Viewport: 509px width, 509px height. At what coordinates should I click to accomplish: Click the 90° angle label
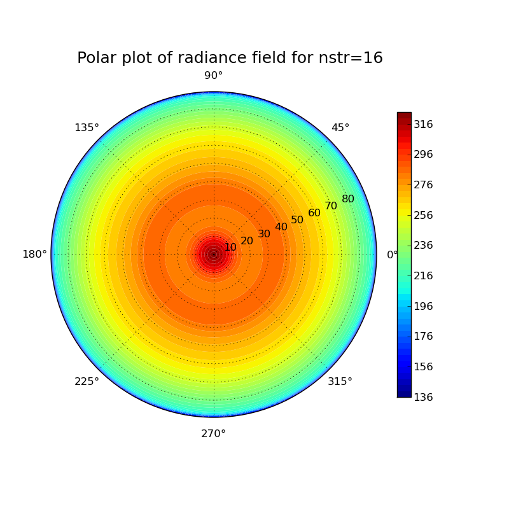pyautogui.click(x=213, y=76)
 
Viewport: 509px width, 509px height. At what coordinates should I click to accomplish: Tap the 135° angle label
pyautogui.click(x=87, y=128)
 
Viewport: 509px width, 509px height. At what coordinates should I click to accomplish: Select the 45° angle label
pyautogui.click(x=340, y=128)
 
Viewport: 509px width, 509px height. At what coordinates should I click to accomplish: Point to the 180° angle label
pyautogui.click(x=34, y=254)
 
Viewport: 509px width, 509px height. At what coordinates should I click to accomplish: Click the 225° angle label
pyautogui.click(x=87, y=381)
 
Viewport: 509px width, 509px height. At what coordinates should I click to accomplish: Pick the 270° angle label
pyautogui.click(x=213, y=434)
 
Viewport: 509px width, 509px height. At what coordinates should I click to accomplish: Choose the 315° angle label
pyautogui.click(x=340, y=381)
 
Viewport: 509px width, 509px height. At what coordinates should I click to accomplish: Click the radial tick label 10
pyautogui.click(x=230, y=247)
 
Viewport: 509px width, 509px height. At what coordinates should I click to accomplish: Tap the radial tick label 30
pyautogui.click(x=264, y=234)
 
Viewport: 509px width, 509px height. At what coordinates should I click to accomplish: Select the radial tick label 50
pyautogui.click(x=297, y=220)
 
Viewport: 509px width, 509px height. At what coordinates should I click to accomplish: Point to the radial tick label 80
pyautogui.click(x=348, y=199)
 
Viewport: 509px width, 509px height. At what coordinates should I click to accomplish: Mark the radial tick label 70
pyautogui.click(x=331, y=206)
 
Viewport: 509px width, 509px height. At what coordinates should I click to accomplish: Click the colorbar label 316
pyautogui.click(x=423, y=124)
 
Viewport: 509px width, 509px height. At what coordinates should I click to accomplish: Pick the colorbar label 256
pyautogui.click(x=423, y=215)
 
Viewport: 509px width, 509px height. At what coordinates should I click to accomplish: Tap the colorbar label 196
pyautogui.click(x=423, y=306)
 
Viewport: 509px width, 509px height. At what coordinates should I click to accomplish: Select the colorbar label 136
pyautogui.click(x=423, y=397)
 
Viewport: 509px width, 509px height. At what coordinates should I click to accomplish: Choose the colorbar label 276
pyautogui.click(x=423, y=185)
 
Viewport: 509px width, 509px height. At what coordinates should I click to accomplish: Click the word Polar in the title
pyautogui.click(x=98, y=58)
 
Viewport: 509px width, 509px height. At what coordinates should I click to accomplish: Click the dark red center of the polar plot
pyautogui.click(x=214, y=254)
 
